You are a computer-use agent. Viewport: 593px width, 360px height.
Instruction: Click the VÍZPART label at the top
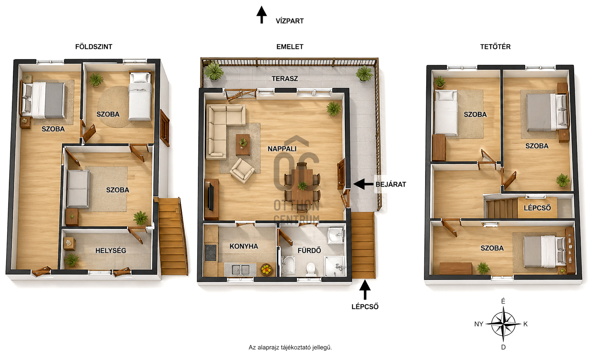click(x=290, y=21)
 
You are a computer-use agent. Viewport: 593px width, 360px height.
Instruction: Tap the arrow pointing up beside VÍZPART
click(x=262, y=15)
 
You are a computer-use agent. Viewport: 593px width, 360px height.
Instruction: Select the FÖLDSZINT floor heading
click(x=94, y=47)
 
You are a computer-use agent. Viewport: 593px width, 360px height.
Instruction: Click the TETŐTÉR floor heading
click(x=495, y=47)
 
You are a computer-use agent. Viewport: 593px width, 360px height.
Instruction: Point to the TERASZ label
click(x=285, y=79)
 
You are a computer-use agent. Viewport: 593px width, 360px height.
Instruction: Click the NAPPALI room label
click(x=282, y=149)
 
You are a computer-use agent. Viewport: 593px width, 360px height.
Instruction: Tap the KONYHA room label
click(x=243, y=247)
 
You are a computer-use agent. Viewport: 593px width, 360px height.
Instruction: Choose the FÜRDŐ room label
click(x=309, y=250)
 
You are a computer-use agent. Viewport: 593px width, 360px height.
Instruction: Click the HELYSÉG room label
click(x=110, y=251)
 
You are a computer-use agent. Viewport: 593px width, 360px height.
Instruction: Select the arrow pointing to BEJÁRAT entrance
click(x=363, y=184)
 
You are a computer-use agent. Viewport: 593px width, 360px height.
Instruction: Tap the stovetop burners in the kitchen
click(x=211, y=253)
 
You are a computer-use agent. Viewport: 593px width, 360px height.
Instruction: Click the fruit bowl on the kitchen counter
click(x=266, y=270)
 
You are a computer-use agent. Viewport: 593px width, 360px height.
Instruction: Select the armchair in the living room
click(x=242, y=171)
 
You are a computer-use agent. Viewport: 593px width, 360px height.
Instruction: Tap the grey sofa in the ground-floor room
click(x=78, y=189)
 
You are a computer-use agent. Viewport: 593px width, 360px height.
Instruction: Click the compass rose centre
click(x=503, y=324)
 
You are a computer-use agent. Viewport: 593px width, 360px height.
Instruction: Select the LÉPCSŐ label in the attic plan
click(x=537, y=208)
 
